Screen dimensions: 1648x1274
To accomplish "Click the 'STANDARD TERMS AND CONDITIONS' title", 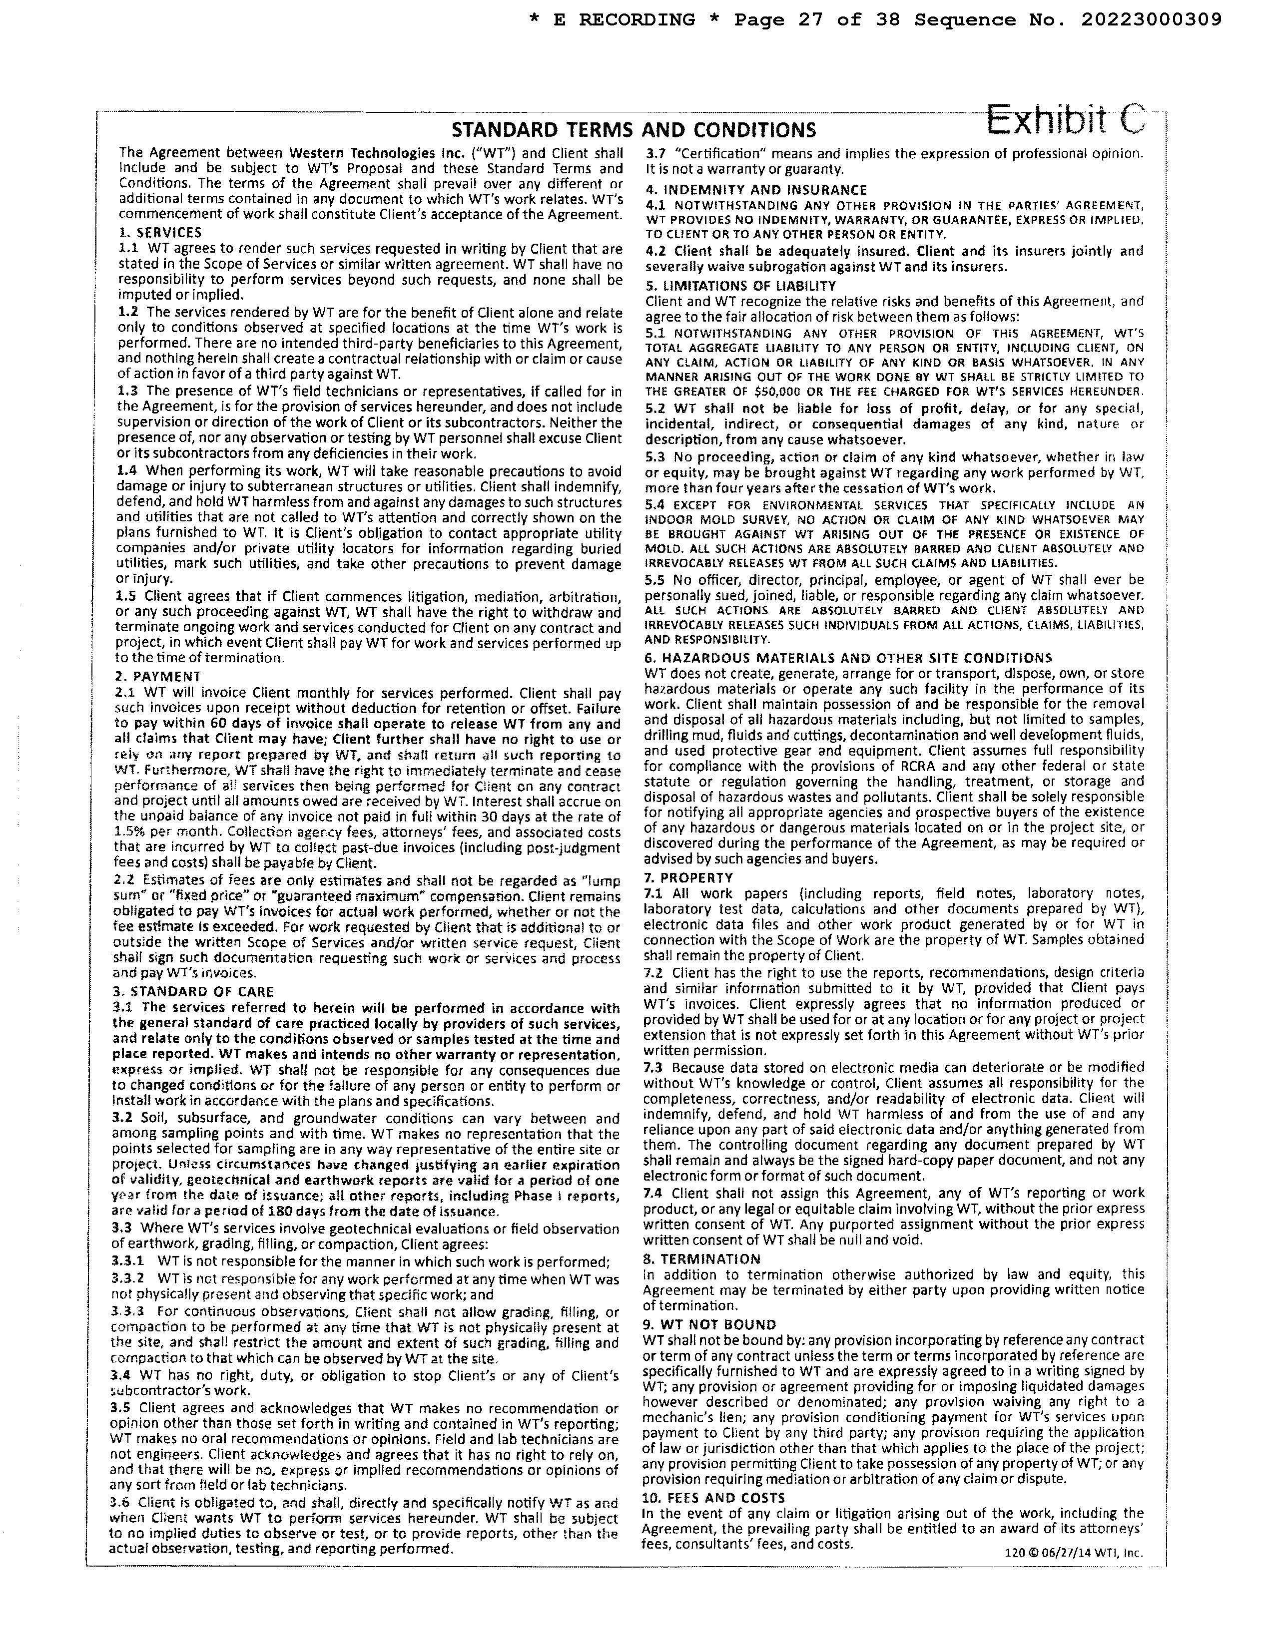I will [x=633, y=130].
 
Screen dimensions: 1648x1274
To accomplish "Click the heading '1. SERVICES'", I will [x=160, y=232].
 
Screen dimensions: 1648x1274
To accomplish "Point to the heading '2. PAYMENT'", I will [x=158, y=676].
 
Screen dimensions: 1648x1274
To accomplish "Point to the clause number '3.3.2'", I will [x=128, y=1279].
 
